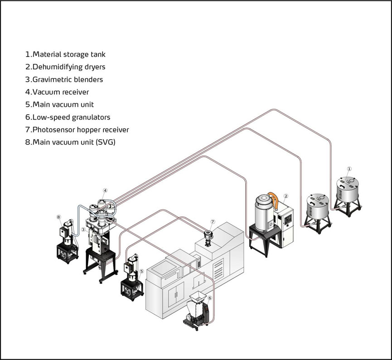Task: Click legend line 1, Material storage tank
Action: pyautogui.click(x=65, y=54)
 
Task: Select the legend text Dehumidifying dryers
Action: pyautogui.click(x=65, y=67)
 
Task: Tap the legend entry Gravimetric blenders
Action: pyautogui.click(x=64, y=79)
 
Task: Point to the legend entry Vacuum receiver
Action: pyautogui.click(x=57, y=92)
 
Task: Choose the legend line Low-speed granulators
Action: pyautogui.click(x=68, y=117)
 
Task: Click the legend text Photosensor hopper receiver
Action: pyautogui.click(x=77, y=130)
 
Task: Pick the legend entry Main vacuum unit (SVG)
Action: pyautogui.click(x=70, y=142)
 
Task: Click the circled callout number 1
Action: pyautogui.click(x=349, y=169)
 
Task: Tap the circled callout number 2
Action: pyautogui.click(x=286, y=196)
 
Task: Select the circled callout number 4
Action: pyautogui.click(x=105, y=190)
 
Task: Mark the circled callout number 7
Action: pyautogui.click(x=213, y=222)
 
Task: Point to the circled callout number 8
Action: pyautogui.click(x=58, y=217)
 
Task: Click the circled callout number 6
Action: pyautogui.click(x=209, y=298)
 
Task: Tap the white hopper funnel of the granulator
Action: pyautogui.click(x=197, y=299)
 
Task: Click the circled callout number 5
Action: pyautogui.click(x=142, y=272)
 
